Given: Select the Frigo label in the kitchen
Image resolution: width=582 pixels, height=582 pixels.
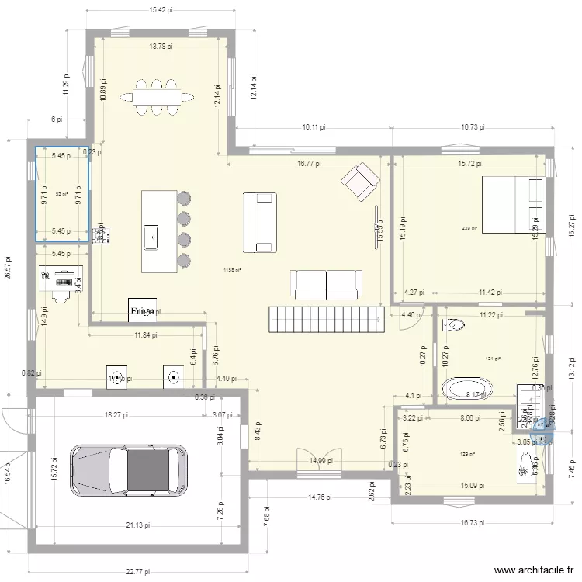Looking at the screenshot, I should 142,311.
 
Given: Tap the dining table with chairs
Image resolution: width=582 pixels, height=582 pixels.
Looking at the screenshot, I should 162,97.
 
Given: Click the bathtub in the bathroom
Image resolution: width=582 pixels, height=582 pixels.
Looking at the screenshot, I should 466,388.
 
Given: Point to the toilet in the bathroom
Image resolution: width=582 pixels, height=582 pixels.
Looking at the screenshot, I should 453,326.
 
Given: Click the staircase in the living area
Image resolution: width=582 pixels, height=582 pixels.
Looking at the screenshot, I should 326,317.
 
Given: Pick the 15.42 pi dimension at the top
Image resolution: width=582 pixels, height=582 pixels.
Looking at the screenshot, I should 161,10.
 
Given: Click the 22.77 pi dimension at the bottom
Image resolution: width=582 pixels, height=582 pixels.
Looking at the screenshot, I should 139,573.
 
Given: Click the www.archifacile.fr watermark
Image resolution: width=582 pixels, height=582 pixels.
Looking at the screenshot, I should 532,569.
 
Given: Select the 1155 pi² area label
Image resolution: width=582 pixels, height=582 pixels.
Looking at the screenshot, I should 233,270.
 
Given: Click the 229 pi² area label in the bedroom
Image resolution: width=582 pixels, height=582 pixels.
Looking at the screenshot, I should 469,228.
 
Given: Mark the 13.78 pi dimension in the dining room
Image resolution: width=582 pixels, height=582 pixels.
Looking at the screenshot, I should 161,47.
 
